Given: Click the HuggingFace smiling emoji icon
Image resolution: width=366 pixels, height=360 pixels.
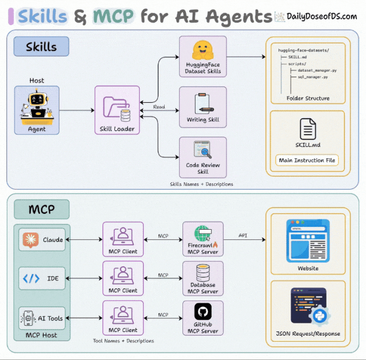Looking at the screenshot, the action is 202,50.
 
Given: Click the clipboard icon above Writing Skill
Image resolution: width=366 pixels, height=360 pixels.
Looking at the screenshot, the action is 203,103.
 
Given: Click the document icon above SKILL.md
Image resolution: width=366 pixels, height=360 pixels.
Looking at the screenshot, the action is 308,129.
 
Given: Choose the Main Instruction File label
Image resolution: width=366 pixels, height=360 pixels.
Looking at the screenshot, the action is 307,160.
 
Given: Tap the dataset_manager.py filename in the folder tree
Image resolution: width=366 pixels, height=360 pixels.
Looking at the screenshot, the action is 317,70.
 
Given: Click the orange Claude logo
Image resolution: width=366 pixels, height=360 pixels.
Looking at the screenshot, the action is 30,239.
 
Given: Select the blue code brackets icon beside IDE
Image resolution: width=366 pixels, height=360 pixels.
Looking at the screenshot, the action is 31,278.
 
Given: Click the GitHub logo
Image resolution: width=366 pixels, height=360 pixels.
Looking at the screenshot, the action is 203,311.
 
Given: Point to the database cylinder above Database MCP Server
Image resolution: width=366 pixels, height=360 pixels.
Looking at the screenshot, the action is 203,273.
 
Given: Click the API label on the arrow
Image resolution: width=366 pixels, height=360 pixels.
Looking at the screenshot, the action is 242,235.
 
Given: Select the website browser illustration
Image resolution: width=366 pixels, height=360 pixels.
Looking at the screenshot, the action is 308,241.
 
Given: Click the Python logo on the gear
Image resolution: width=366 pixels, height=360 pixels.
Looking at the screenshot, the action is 319,316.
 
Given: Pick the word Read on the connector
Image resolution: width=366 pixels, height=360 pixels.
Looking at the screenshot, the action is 159,107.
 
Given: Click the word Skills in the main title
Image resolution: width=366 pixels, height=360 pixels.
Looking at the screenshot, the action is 42,17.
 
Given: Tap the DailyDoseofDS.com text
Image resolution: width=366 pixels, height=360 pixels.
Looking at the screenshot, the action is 321,17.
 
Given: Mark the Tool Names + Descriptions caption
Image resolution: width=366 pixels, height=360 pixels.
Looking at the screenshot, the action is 124,341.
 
